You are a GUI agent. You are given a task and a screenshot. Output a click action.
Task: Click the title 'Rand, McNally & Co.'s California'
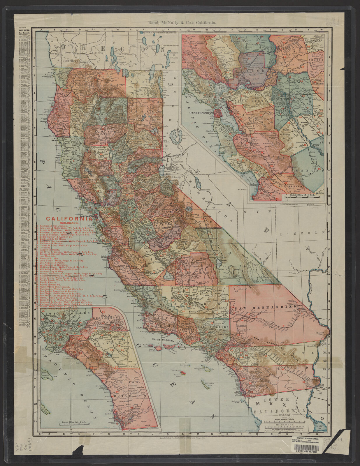point(180,22)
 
